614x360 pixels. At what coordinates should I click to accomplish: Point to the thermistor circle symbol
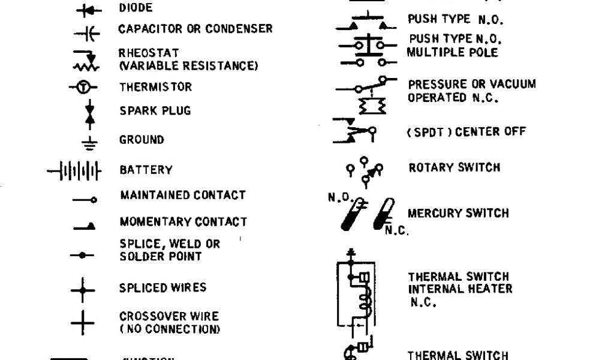[x=85, y=88]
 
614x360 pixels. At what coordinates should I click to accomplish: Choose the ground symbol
[x=89, y=142]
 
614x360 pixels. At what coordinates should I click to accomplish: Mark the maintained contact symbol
[x=85, y=199]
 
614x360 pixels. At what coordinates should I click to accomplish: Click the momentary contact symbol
[x=85, y=227]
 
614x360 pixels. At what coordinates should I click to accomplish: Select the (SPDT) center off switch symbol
[x=355, y=132]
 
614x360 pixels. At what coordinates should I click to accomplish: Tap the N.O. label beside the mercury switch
[x=338, y=197]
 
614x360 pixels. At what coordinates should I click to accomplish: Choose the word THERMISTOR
[x=155, y=87]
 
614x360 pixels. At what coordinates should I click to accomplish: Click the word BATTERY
[x=146, y=170]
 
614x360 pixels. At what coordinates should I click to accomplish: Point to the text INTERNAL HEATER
[x=460, y=289]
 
